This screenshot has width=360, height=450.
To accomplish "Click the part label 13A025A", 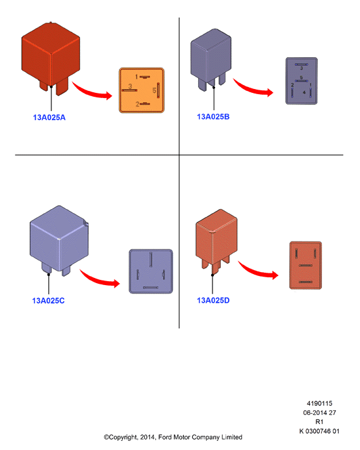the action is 49,118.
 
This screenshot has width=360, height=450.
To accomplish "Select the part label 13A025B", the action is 213,117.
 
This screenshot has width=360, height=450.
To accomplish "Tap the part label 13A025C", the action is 48,301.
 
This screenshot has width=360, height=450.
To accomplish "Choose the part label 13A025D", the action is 213,301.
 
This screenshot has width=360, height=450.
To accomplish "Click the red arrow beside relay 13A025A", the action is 92,92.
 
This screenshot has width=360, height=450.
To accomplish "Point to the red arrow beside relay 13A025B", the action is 253,88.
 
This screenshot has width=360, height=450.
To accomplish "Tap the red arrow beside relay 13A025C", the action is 99,279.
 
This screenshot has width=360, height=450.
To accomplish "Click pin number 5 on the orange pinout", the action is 154,91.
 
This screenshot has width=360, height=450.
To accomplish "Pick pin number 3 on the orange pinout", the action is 130,86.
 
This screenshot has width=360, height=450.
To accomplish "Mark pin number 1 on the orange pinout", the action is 136,77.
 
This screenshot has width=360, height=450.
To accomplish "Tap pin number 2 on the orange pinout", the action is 137,104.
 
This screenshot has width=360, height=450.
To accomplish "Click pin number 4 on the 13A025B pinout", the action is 304,92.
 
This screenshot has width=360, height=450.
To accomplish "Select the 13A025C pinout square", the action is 151,271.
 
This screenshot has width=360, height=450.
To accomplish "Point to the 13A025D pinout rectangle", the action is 305,265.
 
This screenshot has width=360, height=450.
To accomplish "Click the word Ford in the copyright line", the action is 164,437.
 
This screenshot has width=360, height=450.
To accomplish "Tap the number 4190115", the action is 320,403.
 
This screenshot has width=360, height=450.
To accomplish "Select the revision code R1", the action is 319,422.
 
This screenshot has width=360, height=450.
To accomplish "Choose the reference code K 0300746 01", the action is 319,431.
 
